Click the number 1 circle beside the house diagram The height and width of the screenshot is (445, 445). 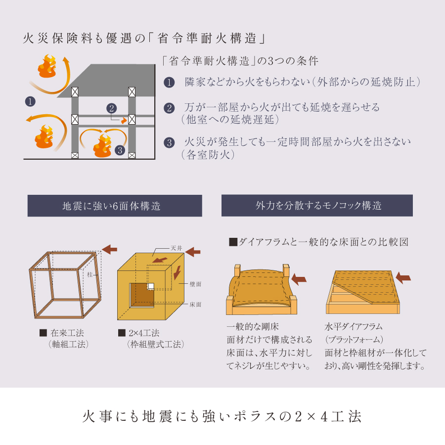(x=30, y=101)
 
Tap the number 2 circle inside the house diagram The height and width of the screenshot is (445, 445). (x=112, y=108)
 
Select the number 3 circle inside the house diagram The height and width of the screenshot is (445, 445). (x=120, y=150)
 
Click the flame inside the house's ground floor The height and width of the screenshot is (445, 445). (x=102, y=145)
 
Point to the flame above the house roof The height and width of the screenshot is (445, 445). (x=47, y=66)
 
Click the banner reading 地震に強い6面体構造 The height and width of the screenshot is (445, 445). (x=115, y=206)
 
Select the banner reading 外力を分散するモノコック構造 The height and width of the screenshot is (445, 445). (x=317, y=206)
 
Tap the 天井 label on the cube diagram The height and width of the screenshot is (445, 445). (x=176, y=248)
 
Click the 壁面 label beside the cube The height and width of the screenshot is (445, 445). (x=195, y=284)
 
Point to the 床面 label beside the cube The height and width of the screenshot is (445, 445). (x=195, y=305)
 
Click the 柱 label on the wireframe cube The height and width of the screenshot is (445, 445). (x=89, y=274)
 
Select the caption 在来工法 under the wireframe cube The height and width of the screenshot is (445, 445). (x=67, y=333)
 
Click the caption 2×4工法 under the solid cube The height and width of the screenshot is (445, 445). (x=144, y=333)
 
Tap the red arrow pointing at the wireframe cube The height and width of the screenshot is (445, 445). (x=110, y=250)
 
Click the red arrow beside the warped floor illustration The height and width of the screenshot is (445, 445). (x=299, y=279)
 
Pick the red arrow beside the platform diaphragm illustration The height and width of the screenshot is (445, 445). (x=403, y=278)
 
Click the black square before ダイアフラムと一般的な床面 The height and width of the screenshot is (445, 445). (x=233, y=242)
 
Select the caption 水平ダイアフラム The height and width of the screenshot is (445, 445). (x=354, y=327)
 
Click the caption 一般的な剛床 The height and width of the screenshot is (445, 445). (x=253, y=327)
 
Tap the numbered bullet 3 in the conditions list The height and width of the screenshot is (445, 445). (x=169, y=142)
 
